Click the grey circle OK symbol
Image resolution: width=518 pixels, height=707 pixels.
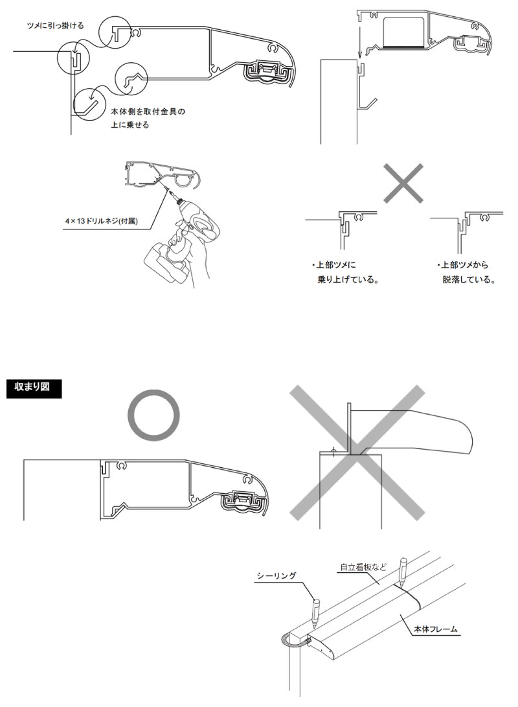click(152, 415)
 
